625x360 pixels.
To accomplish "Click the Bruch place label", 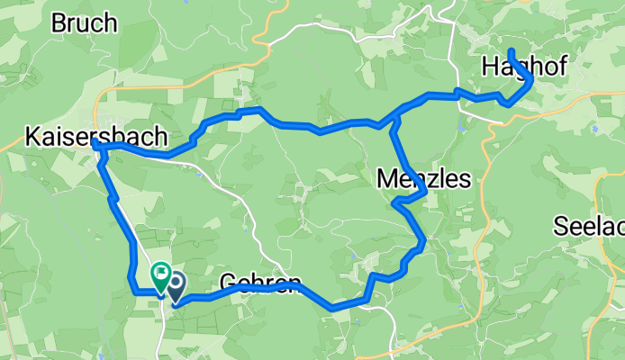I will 85,23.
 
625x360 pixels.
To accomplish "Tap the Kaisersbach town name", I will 96,138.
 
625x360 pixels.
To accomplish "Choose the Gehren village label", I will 259,284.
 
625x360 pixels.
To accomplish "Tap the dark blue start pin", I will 174,286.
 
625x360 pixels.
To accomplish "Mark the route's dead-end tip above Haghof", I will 511,50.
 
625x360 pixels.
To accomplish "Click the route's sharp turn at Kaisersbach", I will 95,143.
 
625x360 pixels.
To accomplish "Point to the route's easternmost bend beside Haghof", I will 532,81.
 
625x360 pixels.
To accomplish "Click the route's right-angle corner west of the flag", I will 134,291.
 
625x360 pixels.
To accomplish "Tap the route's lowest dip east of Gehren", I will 333,308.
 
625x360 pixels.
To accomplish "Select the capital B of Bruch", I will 59,23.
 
